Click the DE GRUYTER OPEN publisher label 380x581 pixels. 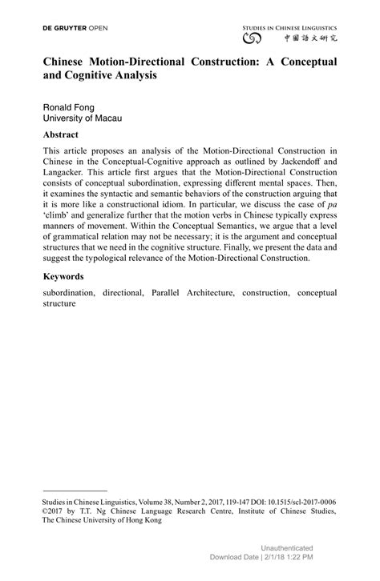click(75, 28)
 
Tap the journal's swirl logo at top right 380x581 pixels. click(252, 38)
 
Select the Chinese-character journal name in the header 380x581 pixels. click(309, 38)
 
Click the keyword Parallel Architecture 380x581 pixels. click(191, 293)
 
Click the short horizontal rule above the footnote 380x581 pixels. click(75, 490)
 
